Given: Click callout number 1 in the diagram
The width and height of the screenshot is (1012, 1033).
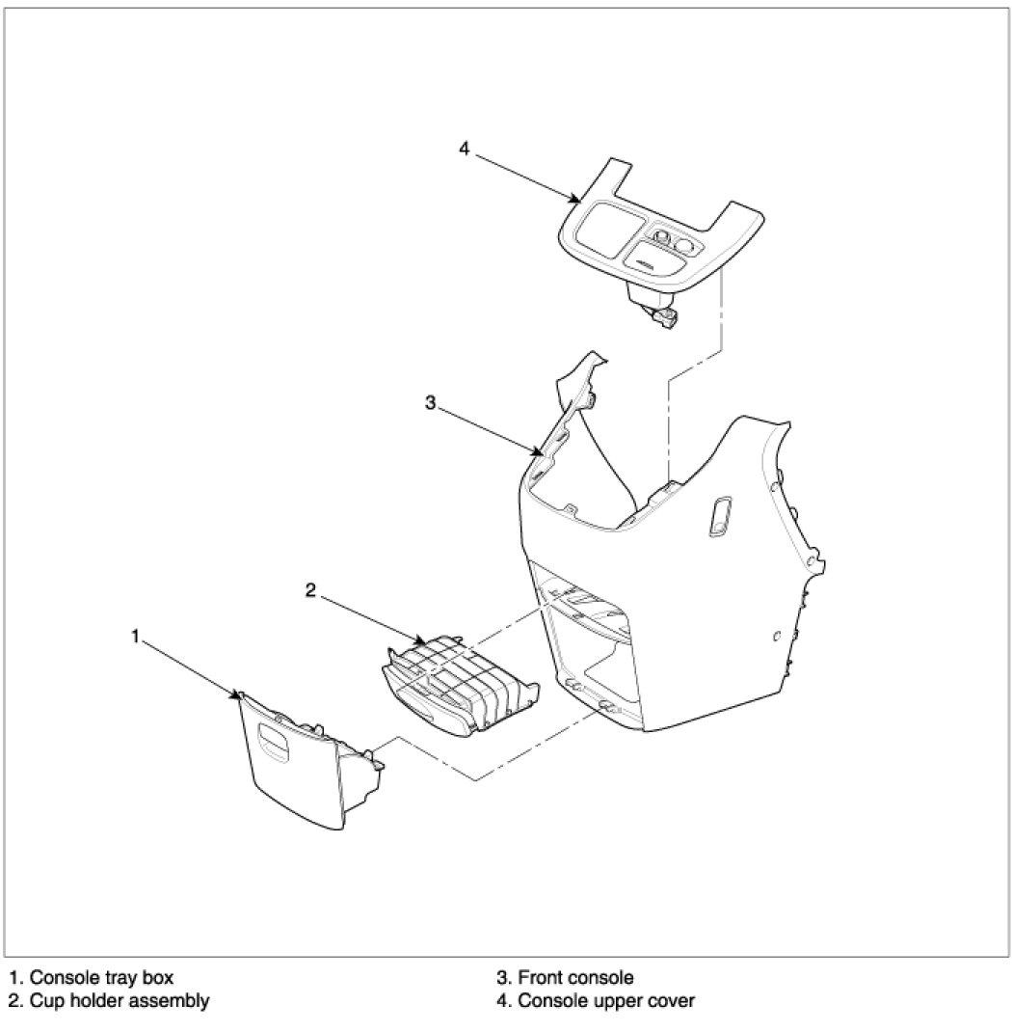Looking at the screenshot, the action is coord(135,637).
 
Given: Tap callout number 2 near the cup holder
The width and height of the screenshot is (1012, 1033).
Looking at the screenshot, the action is coord(310,590).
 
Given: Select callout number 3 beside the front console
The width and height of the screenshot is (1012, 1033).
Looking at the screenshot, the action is coord(430,402).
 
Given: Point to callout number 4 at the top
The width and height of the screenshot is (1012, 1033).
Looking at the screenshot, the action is coord(465,150).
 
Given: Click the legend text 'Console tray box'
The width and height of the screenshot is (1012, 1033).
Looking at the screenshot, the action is coord(101,977).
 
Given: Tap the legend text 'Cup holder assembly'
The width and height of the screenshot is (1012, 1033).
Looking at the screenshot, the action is coord(120,1001).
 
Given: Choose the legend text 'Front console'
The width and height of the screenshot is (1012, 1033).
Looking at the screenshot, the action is coord(576,977).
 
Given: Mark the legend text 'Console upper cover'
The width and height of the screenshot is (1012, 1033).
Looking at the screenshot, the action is coord(606,1001).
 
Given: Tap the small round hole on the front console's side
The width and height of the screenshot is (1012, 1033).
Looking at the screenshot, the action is coord(776,636).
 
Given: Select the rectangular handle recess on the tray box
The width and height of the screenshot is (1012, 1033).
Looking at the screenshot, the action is coord(276,744).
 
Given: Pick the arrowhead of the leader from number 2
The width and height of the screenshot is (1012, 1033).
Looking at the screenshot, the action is coord(421,641).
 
